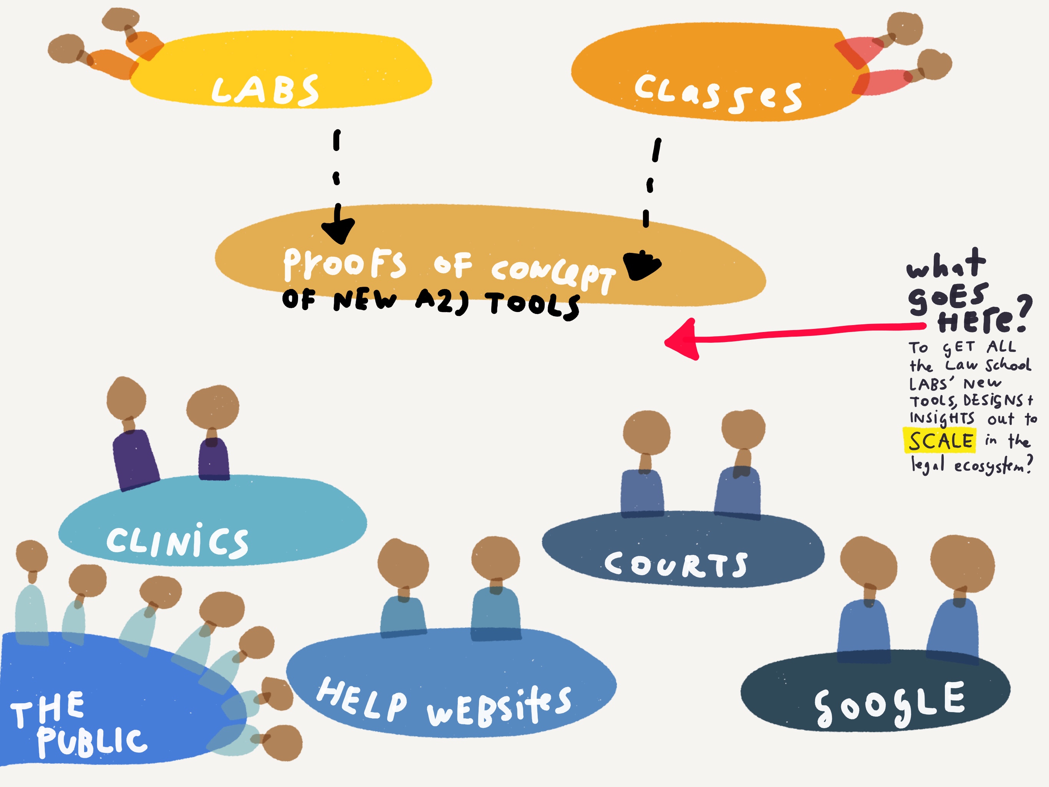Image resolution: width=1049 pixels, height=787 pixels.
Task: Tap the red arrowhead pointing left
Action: coord(683,340)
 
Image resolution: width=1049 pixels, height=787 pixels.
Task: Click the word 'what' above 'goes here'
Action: coord(946,264)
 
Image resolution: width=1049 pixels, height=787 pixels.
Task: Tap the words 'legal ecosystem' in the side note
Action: coord(970,465)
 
